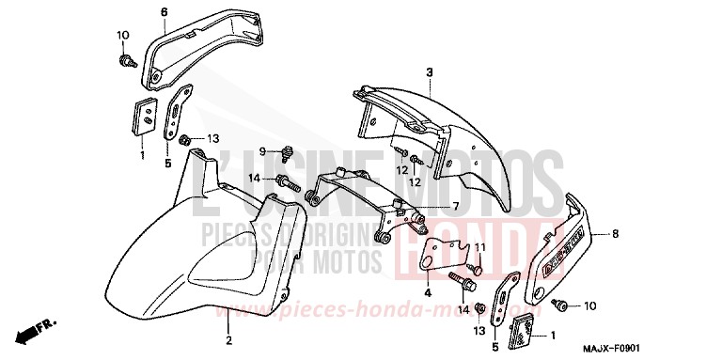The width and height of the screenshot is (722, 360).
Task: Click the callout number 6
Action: [x=164, y=11]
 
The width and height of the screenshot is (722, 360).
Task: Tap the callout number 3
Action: [x=429, y=71]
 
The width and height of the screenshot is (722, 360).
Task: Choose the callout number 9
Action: [x=264, y=150]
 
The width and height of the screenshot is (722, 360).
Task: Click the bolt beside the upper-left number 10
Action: [x=124, y=61]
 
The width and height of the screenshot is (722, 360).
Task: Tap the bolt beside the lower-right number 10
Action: [x=561, y=305]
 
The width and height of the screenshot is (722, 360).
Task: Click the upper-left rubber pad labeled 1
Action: [x=144, y=117]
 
